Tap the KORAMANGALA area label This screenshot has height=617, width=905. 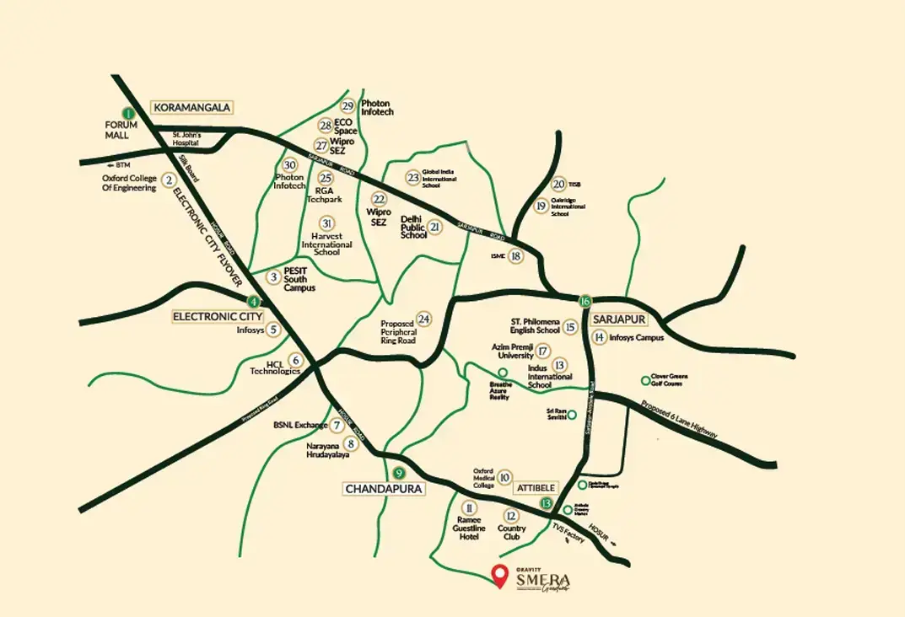coord(191,107)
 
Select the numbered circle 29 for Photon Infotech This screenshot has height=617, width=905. coord(348,106)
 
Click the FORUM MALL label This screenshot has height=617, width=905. coord(121,130)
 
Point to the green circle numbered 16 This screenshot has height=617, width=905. coord(584,301)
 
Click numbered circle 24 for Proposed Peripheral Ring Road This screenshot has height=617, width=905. coord(424,319)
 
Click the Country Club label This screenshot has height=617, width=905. coord(511,534)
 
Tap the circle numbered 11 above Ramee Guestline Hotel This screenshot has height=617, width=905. coord(469,508)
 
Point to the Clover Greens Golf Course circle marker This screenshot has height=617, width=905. coord(646,380)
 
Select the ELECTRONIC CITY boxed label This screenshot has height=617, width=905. coord(218,316)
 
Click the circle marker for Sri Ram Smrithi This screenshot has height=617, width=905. coord(571,414)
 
